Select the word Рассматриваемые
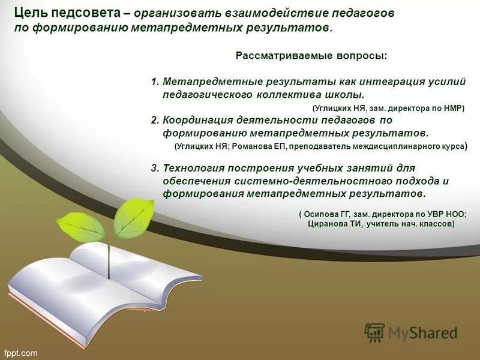pyautogui.click(x=272, y=56)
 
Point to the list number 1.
pyautogui.click(x=154, y=82)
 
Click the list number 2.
pyautogui.click(x=154, y=120)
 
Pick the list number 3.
pyautogui.click(x=154, y=168)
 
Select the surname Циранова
pyautogui.click(x=331, y=224)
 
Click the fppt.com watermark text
pyautogui.click(x=21, y=353)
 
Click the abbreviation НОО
pyautogui.click(x=454, y=214)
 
